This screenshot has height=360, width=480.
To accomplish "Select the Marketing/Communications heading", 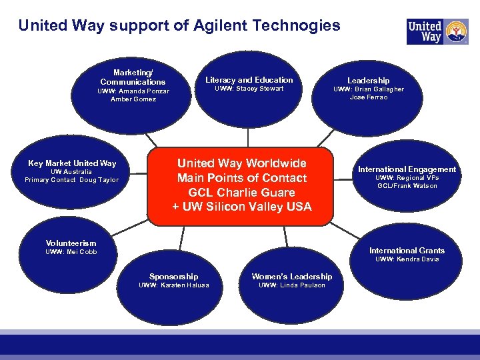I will [133, 77].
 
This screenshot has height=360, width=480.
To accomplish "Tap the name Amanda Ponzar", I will [141, 91].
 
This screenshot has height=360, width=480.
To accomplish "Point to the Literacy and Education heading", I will [249, 80].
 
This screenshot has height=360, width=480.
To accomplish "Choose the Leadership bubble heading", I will [368, 81].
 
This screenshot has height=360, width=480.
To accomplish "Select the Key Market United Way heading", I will [72, 163].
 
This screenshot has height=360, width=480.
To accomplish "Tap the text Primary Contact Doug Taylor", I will [71, 180].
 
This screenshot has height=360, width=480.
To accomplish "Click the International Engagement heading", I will [407, 169].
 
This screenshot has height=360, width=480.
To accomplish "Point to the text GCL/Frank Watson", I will [407, 186].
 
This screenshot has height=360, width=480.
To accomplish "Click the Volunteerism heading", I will [71, 243].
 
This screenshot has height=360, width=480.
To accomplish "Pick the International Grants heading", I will [407, 251].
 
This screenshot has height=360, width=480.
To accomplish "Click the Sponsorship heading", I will [173, 277].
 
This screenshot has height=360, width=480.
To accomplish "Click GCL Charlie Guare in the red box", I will [241, 193].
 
